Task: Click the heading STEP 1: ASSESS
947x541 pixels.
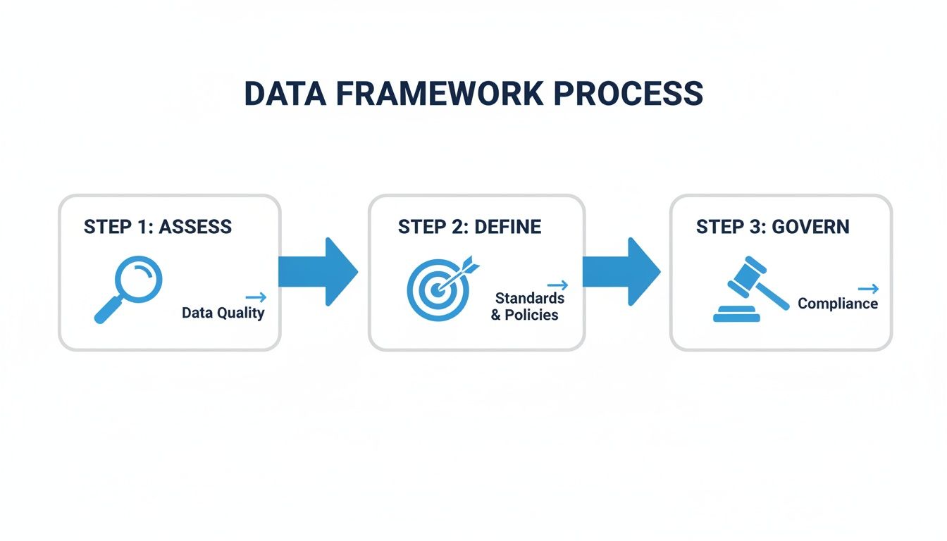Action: [x=157, y=227]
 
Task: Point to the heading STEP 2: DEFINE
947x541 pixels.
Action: [x=469, y=227]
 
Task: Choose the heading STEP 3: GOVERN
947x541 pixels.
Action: [x=772, y=227]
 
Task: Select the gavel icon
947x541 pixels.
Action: [x=750, y=289]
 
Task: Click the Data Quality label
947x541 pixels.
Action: [x=223, y=313]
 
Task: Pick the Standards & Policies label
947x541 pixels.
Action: [x=527, y=306]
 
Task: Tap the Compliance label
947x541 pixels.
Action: [x=837, y=304]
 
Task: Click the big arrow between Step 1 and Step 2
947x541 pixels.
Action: [x=318, y=272]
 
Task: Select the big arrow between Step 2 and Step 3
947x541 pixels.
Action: [x=621, y=272]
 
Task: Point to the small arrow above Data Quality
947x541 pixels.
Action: [x=256, y=297]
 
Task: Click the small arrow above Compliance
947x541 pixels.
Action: [x=868, y=288]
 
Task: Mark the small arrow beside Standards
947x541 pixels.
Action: [x=557, y=285]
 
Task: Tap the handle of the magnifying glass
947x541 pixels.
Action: [x=108, y=311]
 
